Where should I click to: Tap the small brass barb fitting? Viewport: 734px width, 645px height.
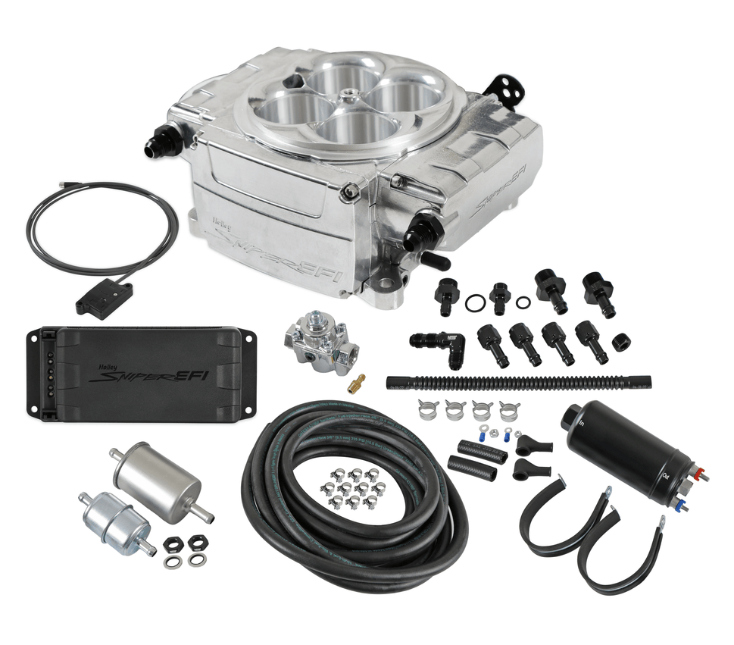355,383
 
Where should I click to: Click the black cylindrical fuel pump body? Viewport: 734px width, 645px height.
622,443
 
